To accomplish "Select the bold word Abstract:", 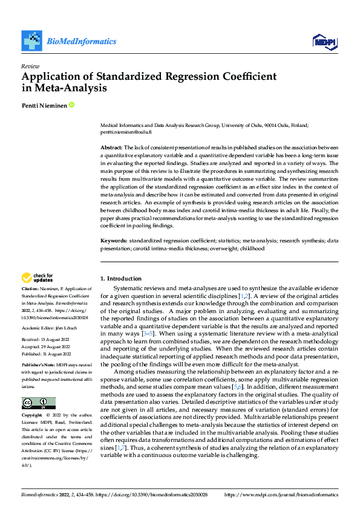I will (111, 148).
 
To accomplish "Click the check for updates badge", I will (38, 277).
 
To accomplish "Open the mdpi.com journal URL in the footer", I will (281, 494).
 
